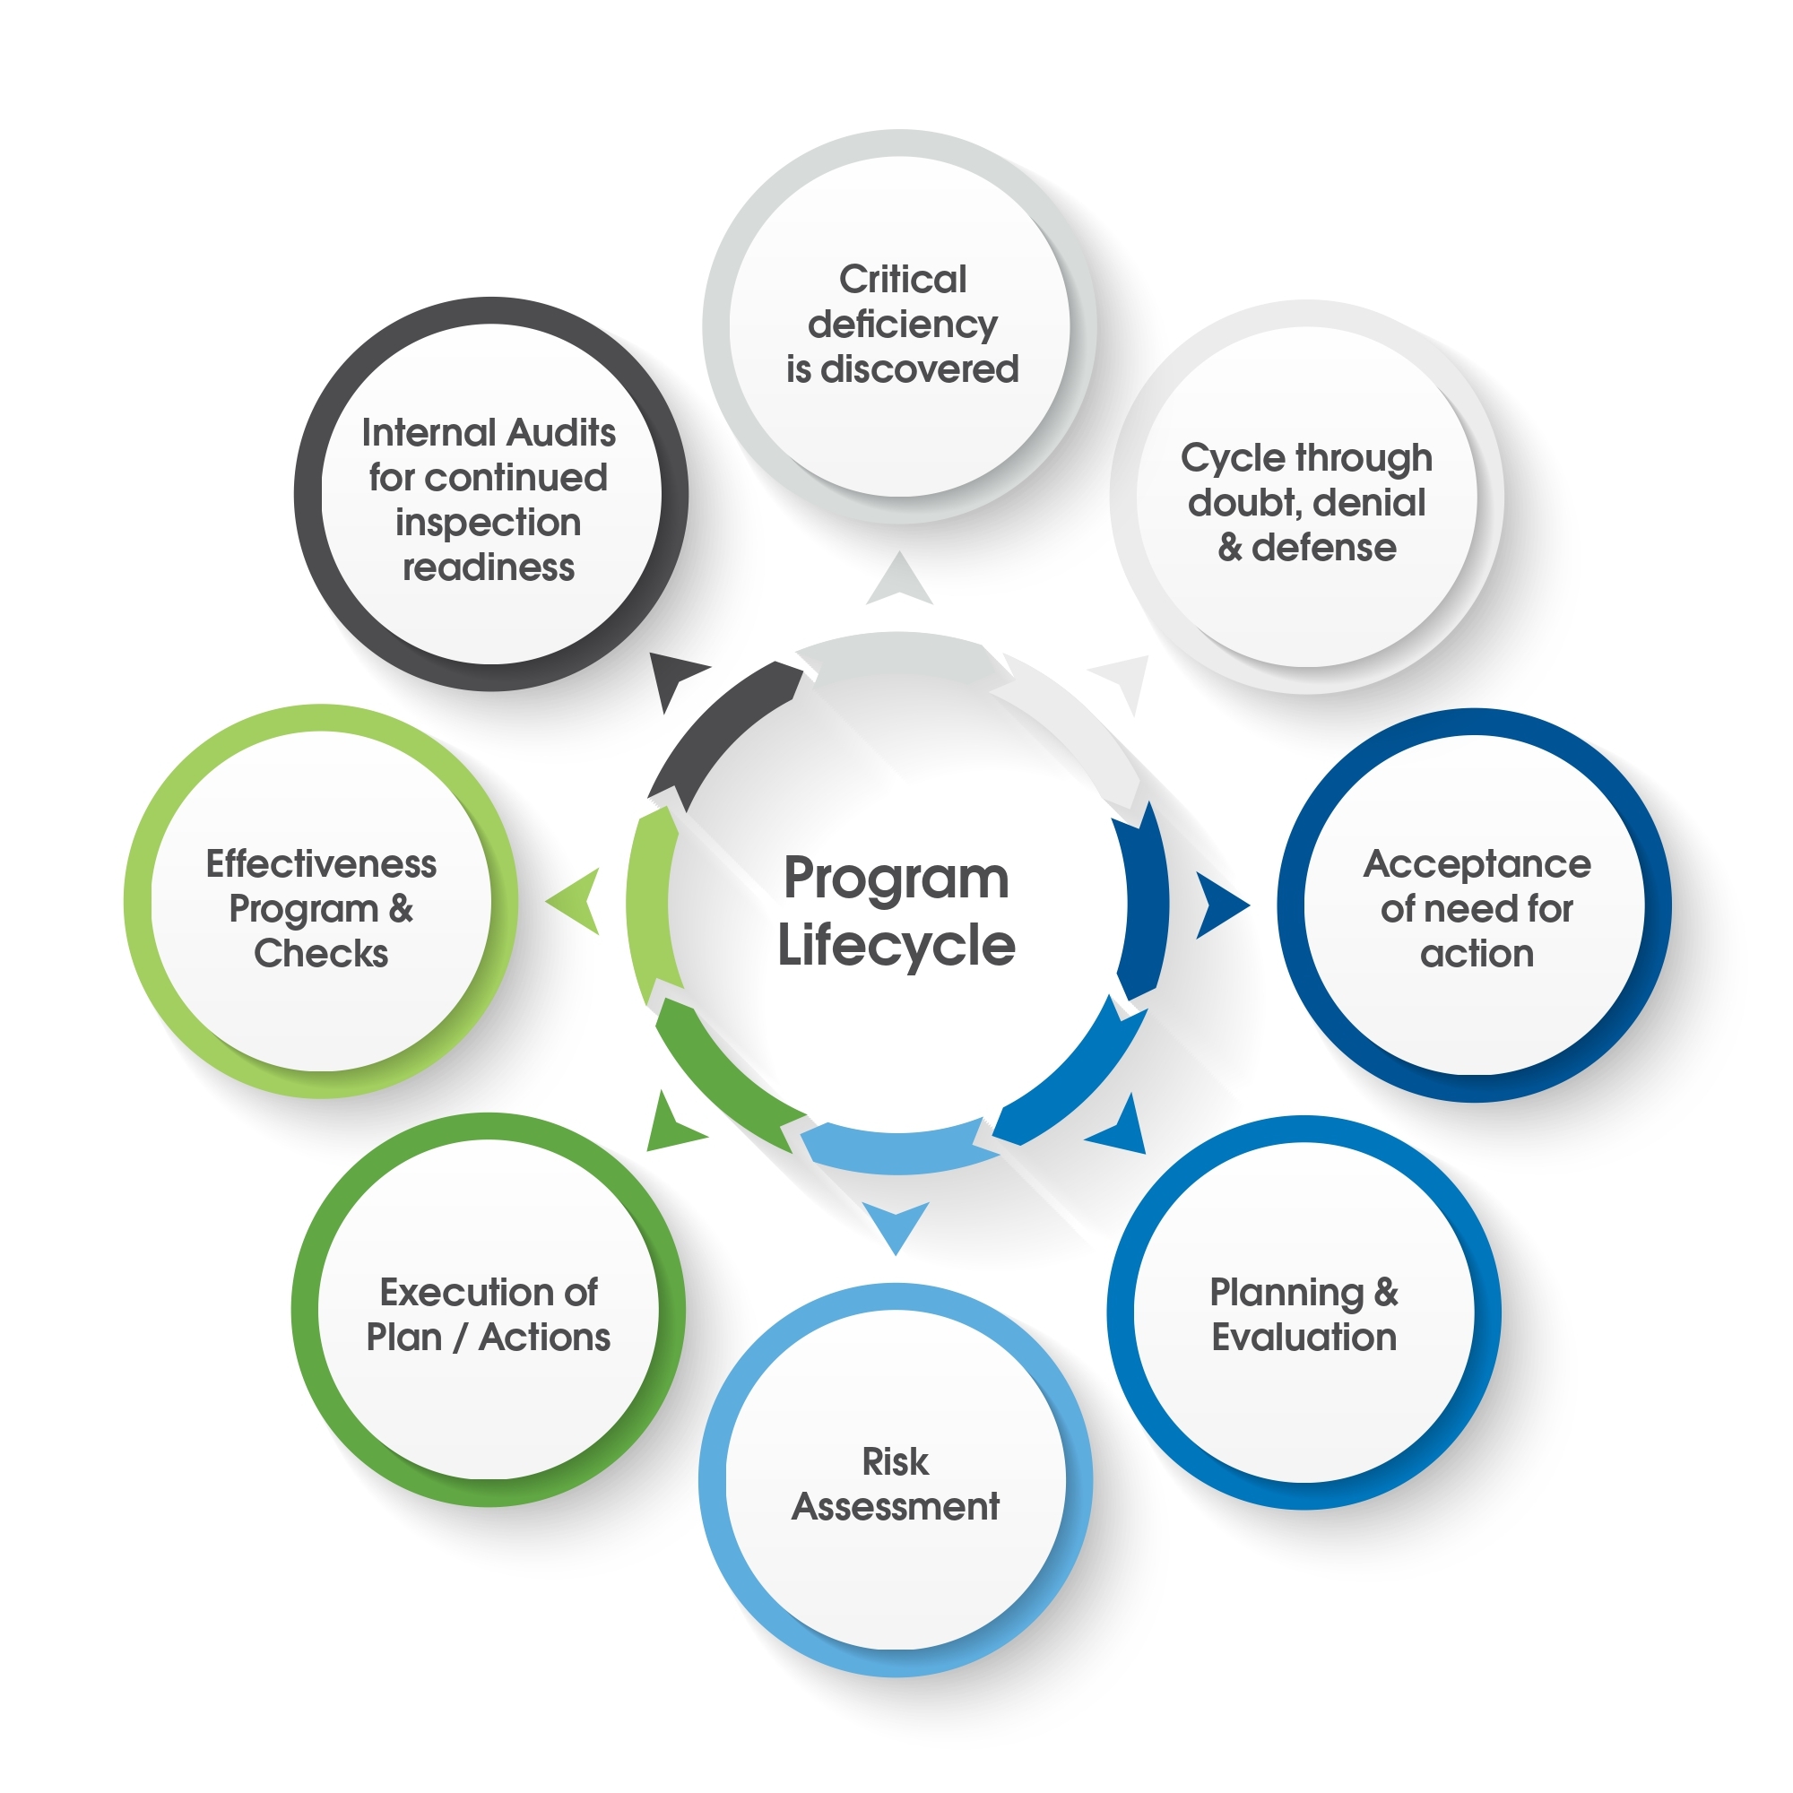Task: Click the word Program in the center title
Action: [x=896, y=879]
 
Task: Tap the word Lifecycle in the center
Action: [x=896, y=946]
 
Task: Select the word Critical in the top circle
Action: [x=902, y=280]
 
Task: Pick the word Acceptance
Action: [x=1477, y=864]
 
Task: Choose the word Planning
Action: [x=1286, y=1292]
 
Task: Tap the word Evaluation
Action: [x=1304, y=1338]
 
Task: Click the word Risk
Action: [x=895, y=1461]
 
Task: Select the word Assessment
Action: [x=895, y=1506]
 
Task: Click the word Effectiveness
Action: [x=321, y=864]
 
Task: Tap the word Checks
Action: [x=321, y=954]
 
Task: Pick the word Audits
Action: [x=560, y=432]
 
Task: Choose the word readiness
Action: [x=489, y=567]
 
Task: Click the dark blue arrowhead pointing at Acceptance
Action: [x=1218, y=905]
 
